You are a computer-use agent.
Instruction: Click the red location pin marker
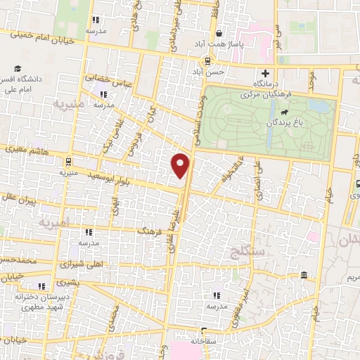coord(181,165)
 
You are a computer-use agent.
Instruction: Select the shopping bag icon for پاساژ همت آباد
coord(219,33)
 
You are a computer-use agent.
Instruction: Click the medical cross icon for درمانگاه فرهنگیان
coord(265,73)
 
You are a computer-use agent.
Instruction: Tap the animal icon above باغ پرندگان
coord(283,112)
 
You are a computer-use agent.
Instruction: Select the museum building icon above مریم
coord(304,275)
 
